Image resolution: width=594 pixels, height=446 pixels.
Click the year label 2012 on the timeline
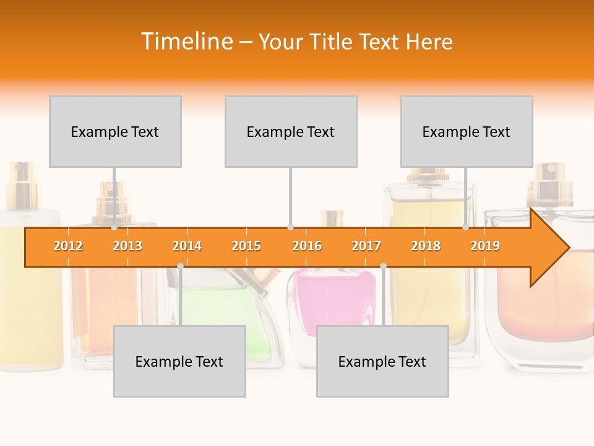pos(68,246)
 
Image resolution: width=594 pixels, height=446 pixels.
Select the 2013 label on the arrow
pos(127,246)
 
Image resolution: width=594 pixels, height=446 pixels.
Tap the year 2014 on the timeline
pos(187,246)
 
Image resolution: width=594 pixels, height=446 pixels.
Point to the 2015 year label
pos(246,246)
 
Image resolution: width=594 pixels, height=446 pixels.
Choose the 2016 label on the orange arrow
pos(307,246)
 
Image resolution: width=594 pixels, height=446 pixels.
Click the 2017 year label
pos(366,246)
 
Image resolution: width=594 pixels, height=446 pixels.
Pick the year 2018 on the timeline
pos(426,246)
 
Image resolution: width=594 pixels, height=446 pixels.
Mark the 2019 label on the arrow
pos(485,246)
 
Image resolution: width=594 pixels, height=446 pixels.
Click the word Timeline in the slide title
pos(186,42)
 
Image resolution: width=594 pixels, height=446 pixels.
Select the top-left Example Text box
pos(115,131)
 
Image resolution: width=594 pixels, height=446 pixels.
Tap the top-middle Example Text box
pos(291,131)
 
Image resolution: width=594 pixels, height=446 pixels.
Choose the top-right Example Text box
pos(467,131)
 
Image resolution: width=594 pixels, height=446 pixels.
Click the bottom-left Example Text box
pos(179,361)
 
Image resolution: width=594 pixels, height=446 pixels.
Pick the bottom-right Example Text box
pos(382,361)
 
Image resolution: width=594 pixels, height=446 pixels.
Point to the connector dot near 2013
pos(114,227)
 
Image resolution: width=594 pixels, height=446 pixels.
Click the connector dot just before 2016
pos(290,227)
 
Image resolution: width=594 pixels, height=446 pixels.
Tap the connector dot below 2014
pos(180,266)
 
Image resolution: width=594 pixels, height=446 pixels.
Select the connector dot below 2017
pos(383,266)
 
